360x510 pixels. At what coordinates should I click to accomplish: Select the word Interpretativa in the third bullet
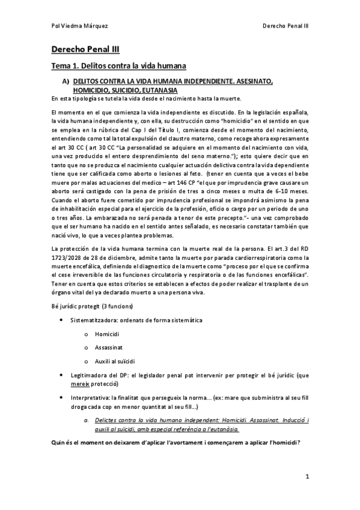pos(91,398)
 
